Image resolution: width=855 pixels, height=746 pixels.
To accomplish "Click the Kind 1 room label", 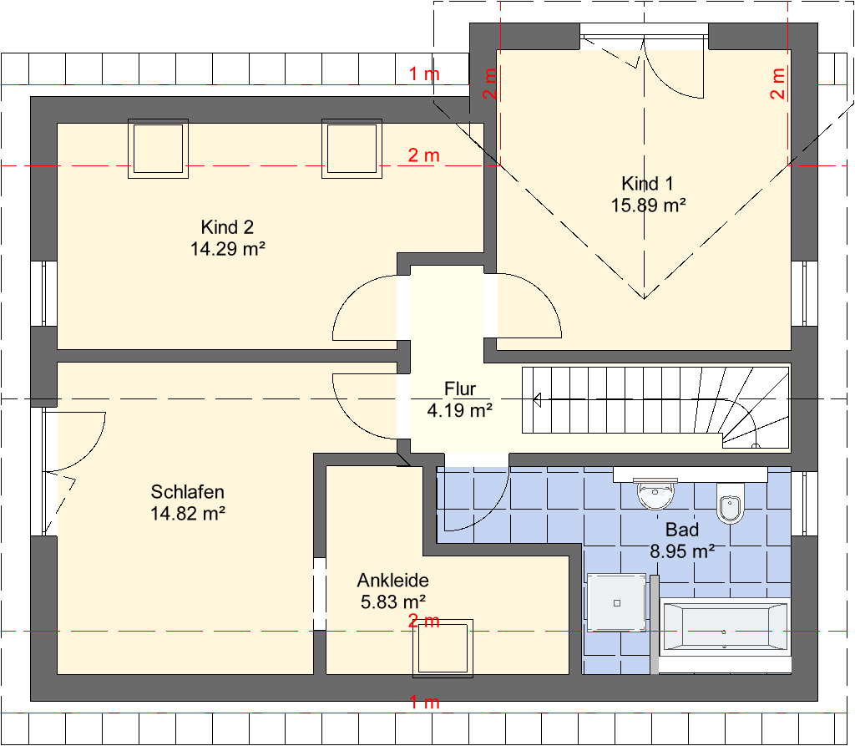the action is pos(647,183).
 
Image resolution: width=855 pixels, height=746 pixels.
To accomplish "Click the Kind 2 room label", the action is pos(227,227).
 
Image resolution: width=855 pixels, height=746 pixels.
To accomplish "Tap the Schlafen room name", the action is pos(188,492).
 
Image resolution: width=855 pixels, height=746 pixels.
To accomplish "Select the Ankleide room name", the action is pos(392,580).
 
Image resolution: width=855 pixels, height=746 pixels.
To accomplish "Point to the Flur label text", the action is pos(460,388).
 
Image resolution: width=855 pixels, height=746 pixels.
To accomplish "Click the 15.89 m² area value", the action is pos(648,206).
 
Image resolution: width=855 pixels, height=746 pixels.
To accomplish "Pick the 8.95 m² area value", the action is pos(682,551).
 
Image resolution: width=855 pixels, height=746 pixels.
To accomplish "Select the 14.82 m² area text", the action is pos(188,514).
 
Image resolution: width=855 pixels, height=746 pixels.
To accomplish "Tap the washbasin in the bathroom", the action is pos(655,494).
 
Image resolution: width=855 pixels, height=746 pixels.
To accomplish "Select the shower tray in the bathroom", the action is pos(617,602).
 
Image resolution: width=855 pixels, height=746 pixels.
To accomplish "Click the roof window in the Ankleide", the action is pos(443,648).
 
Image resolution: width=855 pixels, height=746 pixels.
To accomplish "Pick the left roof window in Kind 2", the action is pos(158,149).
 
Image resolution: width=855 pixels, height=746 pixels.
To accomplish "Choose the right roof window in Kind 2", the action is pos(352,149).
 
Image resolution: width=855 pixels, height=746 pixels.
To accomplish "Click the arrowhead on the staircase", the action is pos(537,400).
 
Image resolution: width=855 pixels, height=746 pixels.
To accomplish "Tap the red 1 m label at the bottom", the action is pos(424,702).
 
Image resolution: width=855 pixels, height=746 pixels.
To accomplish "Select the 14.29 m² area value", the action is pos(227,250).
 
